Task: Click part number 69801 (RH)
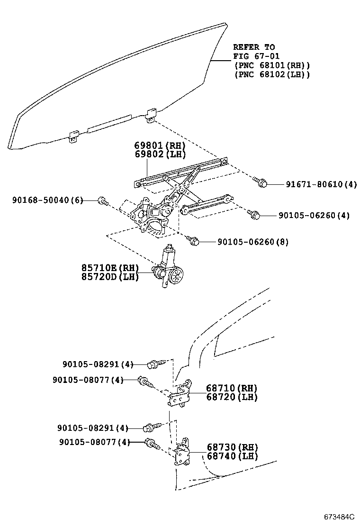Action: click(x=160, y=145)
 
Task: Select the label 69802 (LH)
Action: click(x=160, y=154)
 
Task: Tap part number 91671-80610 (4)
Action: click(x=321, y=184)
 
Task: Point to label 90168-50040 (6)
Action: click(x=48, y=200)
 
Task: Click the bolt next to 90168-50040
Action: click(x=103, y=201)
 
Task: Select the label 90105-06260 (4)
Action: click(x=314, y=216)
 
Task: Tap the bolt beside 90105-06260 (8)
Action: click(x=193, y=240)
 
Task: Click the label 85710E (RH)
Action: click(x=110, y=268)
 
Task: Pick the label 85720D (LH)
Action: click(x=110, y=277)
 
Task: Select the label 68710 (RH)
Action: click(x=232, y=388)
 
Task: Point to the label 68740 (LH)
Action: click(x=233, y=456)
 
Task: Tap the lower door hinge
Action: click(x=182, y=452)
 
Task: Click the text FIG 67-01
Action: click(x=256, y=56)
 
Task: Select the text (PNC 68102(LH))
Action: click(x=272, y=74)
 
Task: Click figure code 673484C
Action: click(x=339, y=517)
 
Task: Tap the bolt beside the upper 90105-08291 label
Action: click(x=156, y=363)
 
